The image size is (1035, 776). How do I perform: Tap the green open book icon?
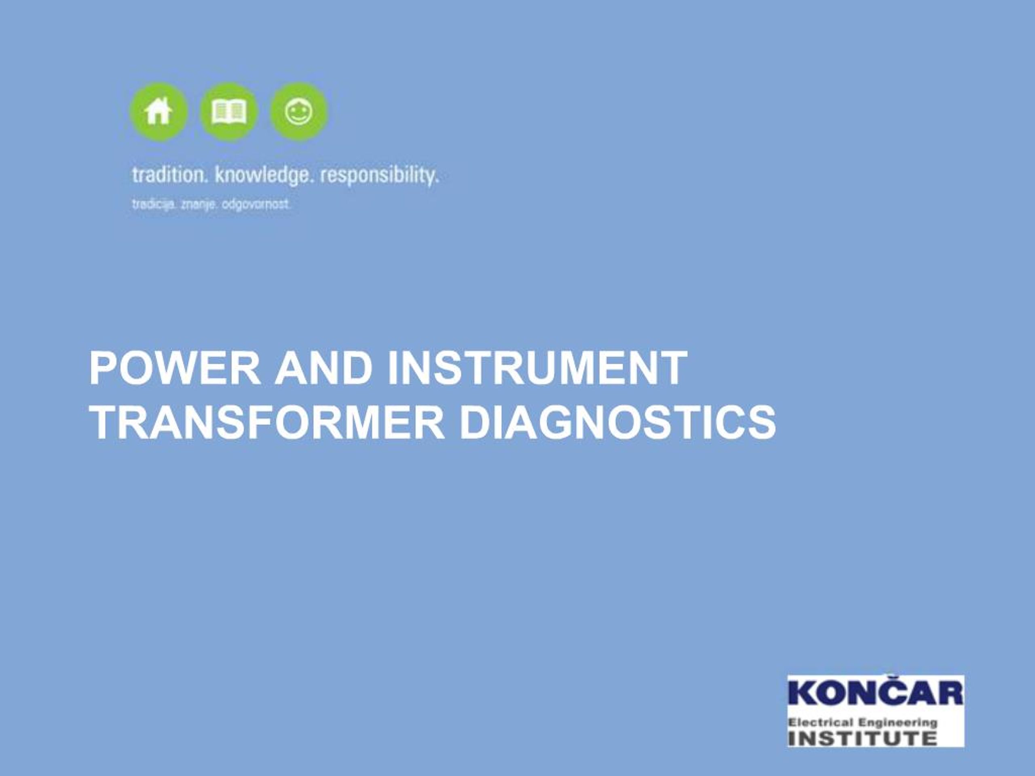click(228, 112)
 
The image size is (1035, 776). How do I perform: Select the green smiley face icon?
click(298, 112)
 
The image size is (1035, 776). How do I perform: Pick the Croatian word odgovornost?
click(256, 205)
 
